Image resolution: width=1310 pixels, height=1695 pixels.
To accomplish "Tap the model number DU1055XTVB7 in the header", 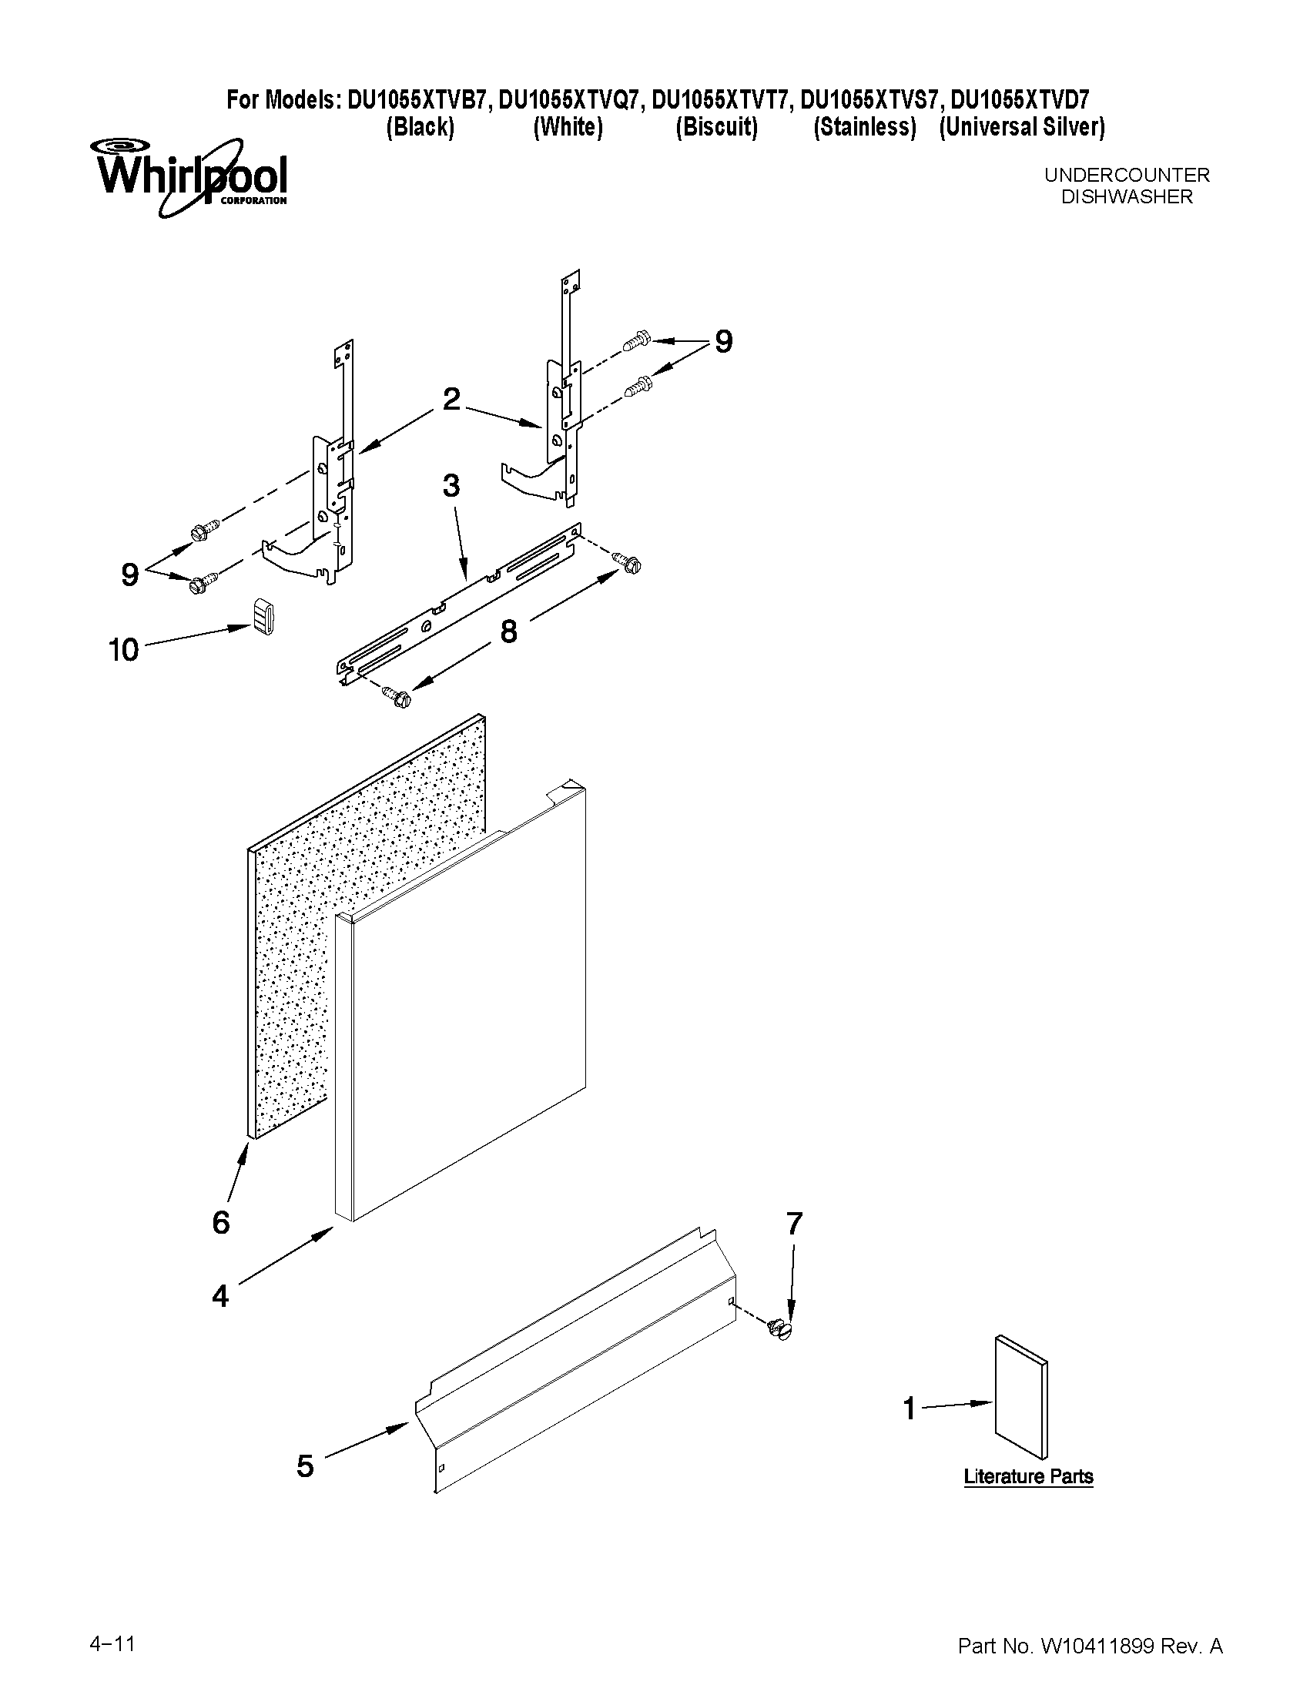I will tap(418, 100).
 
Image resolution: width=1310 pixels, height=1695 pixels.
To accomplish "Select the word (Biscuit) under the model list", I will tap(716, 127).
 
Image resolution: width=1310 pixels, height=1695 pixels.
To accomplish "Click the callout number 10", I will tap(124, 650).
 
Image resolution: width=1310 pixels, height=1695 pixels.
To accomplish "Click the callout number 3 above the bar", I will tap(451, 487).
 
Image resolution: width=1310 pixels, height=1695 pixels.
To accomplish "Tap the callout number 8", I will tap(508, 631).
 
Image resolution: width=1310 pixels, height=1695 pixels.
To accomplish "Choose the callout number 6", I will tap(221, 1222).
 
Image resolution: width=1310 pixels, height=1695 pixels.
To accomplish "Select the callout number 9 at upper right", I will tap(723, 341).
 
